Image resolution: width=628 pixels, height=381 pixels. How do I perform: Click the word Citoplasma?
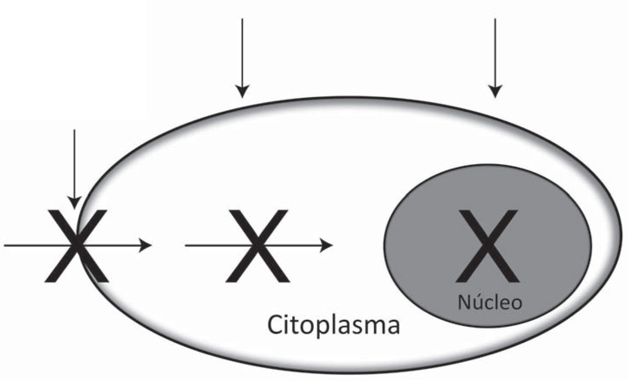pos(333,325)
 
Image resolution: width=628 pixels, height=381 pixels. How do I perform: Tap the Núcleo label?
pos(490,302)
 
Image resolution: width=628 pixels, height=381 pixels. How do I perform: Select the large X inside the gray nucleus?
pos(487,246)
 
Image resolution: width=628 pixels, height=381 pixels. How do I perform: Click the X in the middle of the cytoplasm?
pos(257,246)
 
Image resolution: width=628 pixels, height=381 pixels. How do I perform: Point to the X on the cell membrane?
pos(77,246)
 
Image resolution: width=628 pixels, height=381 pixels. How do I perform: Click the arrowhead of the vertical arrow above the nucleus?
pos(495,92)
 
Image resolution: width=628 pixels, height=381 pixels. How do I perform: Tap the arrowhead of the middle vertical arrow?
pos(242,92)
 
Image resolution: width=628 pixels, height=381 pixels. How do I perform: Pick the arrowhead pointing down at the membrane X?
pos(75,203)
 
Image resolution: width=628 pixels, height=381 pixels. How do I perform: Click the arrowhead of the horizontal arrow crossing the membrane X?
pos(147,245)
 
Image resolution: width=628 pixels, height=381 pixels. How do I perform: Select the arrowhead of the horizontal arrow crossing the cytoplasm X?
pos(328,245)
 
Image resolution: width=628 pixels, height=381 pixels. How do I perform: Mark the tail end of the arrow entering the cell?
pos(5,245)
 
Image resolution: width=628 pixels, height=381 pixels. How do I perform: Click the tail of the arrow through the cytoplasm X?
pos(186,245)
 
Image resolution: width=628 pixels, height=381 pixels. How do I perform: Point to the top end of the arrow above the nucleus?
pos(495,19)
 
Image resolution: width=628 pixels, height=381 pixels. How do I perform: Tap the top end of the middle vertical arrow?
pos(242,19)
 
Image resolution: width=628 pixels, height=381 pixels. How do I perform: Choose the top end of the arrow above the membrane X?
pos(74,130)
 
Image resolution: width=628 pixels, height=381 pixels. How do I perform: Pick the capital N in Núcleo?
pos(464,302)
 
